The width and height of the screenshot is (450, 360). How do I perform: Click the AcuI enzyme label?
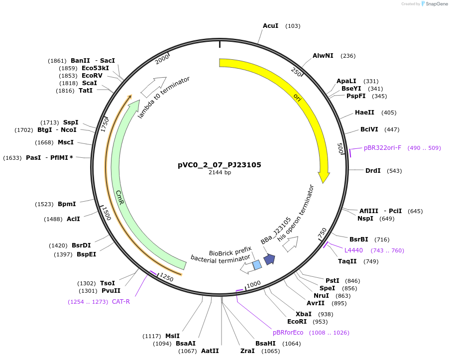point(270,25)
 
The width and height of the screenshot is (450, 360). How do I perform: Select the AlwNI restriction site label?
point(323,56)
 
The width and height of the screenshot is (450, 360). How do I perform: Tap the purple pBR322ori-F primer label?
point(382,148)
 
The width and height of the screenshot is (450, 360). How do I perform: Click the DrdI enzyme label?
point(373,171)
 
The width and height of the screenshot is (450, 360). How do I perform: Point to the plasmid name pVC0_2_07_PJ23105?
point(220,165)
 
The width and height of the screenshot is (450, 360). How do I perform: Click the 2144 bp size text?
point(220,173)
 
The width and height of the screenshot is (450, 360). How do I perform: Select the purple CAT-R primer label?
point(121,301)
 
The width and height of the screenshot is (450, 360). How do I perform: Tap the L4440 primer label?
point(353,250)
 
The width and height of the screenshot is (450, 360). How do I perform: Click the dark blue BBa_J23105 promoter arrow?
point(269,259)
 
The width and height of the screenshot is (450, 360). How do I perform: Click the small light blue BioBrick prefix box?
point(257,265)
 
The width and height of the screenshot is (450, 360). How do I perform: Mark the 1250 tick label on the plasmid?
point(166,278)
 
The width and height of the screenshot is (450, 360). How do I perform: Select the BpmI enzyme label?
point(67,204)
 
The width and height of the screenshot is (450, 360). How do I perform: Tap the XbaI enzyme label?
point(304,314)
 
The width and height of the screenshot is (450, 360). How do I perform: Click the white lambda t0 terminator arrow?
point(153,87)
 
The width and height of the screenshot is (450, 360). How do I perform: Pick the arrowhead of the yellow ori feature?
point(324,177)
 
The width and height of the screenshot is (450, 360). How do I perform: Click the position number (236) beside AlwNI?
point(348,56)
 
